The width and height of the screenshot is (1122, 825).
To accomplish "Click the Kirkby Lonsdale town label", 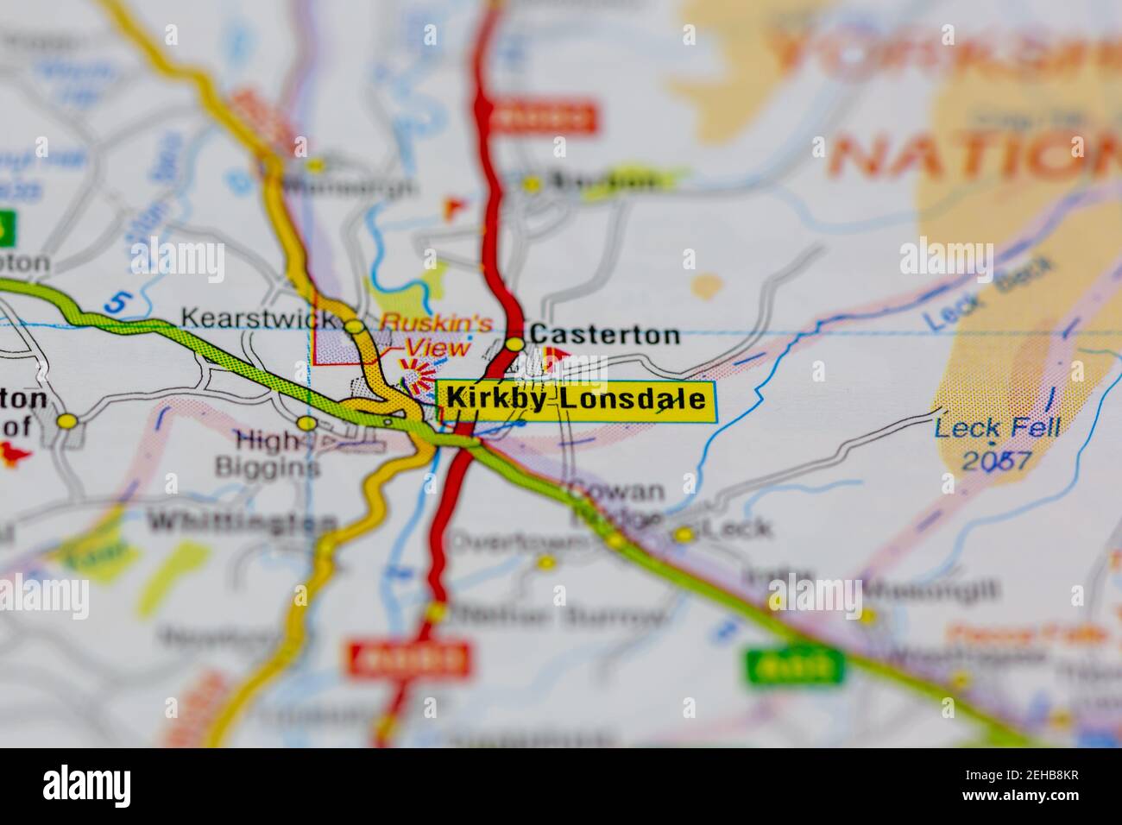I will click(x=577, y=400).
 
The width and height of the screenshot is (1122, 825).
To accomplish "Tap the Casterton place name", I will click(x=604, y=335).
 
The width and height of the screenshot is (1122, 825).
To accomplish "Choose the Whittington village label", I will click(x=243, y=523).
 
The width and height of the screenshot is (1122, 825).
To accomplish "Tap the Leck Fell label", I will click(x=998, y=428).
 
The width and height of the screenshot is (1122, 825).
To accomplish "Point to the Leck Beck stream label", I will click(x=988, y=294).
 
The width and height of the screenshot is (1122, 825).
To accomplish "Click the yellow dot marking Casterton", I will click(x=515, y=344).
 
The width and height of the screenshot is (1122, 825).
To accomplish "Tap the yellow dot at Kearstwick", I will click(x=354, y=326).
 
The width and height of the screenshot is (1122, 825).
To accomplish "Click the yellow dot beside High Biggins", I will click(x=306, y=423).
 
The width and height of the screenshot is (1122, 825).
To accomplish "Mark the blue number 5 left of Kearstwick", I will click(x=118, y=303).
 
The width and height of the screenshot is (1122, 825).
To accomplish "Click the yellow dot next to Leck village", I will click(x=684, y=535).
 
